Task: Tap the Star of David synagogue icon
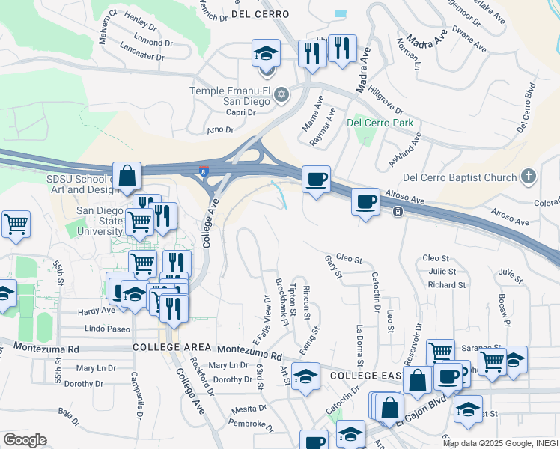[281, 95]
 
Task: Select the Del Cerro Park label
[380, 123]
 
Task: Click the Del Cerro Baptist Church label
[460, 177]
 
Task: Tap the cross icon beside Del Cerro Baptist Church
[529, 177]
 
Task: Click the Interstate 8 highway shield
[204, 171]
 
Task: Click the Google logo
[25, 440]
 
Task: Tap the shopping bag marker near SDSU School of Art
[128, 177]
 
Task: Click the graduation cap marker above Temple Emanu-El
[266, 53]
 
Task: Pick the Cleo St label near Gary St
[349, 260]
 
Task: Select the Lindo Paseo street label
[107, 329]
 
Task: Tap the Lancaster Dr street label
[141, 56]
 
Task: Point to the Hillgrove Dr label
[386, 97]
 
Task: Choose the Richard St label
[447, 285]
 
